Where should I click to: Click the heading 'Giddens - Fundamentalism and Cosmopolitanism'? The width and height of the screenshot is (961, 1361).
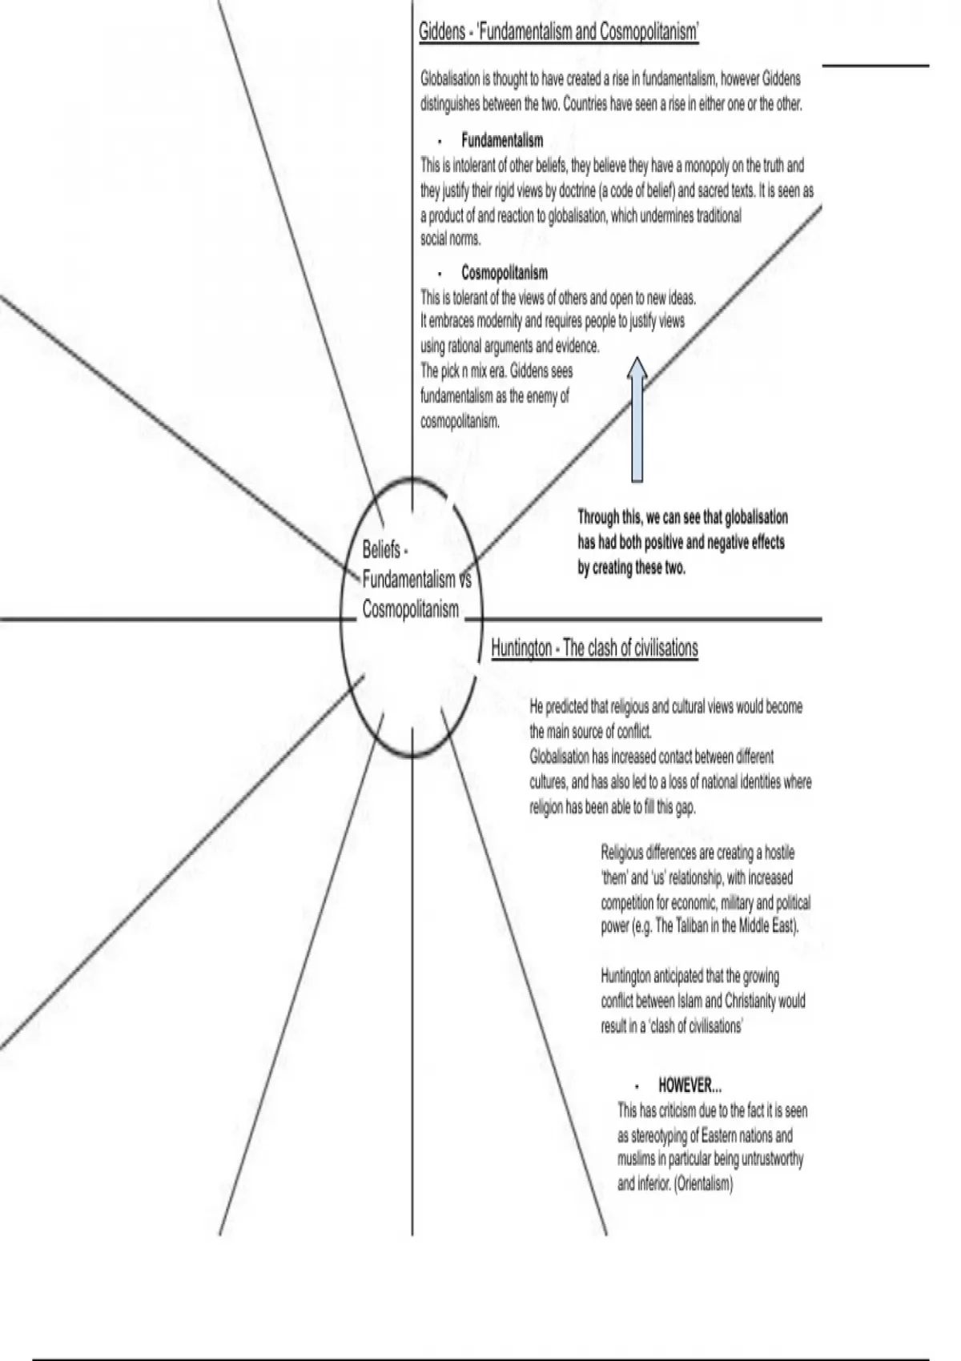click(x=559, y=32)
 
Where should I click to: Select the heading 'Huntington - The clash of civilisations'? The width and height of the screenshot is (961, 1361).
click(x=594, y=648)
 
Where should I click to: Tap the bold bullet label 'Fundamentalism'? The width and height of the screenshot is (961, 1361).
click(x=502, y=141)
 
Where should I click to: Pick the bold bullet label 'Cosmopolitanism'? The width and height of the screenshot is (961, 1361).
click(x=505, y=273)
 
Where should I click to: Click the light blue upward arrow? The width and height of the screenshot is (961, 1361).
click(x=637, y=420)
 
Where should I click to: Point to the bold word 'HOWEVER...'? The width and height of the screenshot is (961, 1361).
click(x=690, y=1086)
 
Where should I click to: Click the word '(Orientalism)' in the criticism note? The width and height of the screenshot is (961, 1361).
click(x=704, y=1183)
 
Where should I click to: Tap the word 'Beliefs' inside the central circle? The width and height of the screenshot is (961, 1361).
click(x=381, y=550)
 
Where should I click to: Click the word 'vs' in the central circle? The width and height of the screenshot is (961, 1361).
click(x=464, y=579)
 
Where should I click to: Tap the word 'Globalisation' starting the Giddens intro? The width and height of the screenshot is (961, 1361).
click(x=449, y=79)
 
